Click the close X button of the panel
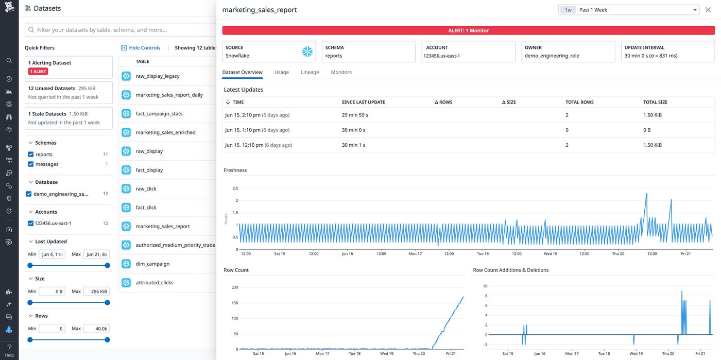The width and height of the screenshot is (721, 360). (708, 10)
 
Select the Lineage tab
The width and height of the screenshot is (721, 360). (310, 72)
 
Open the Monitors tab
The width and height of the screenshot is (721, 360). (341, 72)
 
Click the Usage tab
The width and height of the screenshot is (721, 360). (281, 72)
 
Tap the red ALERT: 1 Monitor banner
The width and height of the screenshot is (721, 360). (468, 30)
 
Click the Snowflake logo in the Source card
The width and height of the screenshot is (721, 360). (307, 52)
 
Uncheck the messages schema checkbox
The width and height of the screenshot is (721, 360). (30, 164)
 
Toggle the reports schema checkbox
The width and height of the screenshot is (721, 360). (30, 155)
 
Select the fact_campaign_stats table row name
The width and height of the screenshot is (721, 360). (159, 114)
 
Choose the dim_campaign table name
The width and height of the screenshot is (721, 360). (152, 264)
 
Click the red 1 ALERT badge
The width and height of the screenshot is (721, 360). (38, 72)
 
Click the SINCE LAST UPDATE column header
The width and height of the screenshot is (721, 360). (363, 102)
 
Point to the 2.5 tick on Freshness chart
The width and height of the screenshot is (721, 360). (235, 188)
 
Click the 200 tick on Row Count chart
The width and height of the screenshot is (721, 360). (234, 287)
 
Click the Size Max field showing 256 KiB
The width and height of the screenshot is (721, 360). (96, 292)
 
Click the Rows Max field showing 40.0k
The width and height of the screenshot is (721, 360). (96, 329)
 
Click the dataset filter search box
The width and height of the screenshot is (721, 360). (124, 30)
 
